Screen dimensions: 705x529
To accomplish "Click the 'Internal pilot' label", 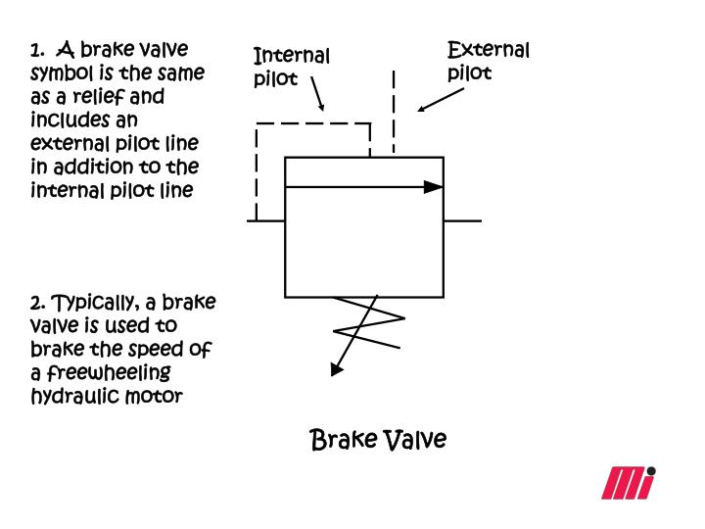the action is (291, 67).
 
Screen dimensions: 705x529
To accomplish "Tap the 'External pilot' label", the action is (488, 60).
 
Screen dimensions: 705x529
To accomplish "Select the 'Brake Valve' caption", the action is (378, 439).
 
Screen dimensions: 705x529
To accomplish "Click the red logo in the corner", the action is (628, 483).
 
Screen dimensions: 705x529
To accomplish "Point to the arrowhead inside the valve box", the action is (433, 186).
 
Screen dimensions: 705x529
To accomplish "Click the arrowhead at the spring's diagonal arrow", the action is (337, 369).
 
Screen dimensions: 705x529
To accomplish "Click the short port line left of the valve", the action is (265, 220).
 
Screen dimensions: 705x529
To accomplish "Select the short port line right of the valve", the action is (462, 220).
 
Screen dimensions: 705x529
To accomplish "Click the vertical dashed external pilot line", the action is (394, 113).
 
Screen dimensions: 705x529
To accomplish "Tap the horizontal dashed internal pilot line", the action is (313, 123).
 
